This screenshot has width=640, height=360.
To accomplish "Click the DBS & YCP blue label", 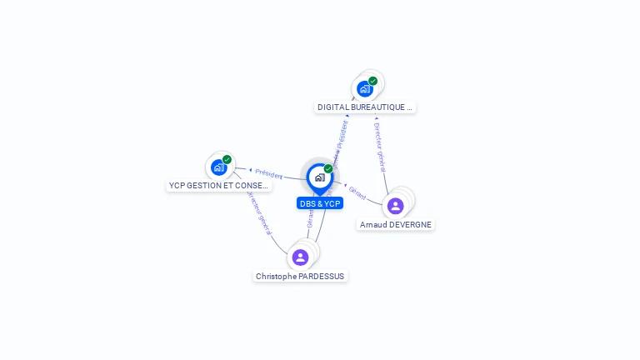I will pyautogui.click(x=320, y=203).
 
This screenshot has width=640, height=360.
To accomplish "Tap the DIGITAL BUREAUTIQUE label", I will pyautogui.click(x=365, y=107).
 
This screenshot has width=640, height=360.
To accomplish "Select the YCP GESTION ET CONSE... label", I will pyautogui.click(x=218, y=186).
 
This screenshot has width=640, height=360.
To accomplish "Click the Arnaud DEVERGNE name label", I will pyautogui.click(x=396, y=225).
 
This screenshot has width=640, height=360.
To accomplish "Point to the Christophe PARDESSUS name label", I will pyautogui.click(x=300, y=277).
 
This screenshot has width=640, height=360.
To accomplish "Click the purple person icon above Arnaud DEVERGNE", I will pyautogui.click(x=396, y=205).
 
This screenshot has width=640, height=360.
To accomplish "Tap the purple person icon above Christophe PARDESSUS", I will pyautogui.click(x=300, y=257).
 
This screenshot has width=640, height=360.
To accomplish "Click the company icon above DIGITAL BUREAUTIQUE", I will pyautogui.click(x=364, y=88).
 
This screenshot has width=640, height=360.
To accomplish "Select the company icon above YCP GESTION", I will pyautogui.click(x=218, y=167).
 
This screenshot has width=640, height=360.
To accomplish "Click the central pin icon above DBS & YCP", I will pyautogui.click(x=319, y=177).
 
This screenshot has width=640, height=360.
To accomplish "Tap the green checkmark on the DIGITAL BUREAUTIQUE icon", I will pyautogui.click(x=373, y=81).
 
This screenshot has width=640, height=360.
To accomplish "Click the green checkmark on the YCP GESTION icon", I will pyautogui.click(x=227, y=159).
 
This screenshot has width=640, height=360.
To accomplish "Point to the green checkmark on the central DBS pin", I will pyautogui.click(x=328, y=168).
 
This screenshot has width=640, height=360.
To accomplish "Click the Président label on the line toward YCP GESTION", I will pyautogui.click(x=268, y=174).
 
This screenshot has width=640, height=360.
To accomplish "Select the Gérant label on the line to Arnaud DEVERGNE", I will pyautogui.click(x=357, y=192).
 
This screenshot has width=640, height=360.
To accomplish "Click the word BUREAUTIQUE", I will pyautogui.click(x=380, y=107).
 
